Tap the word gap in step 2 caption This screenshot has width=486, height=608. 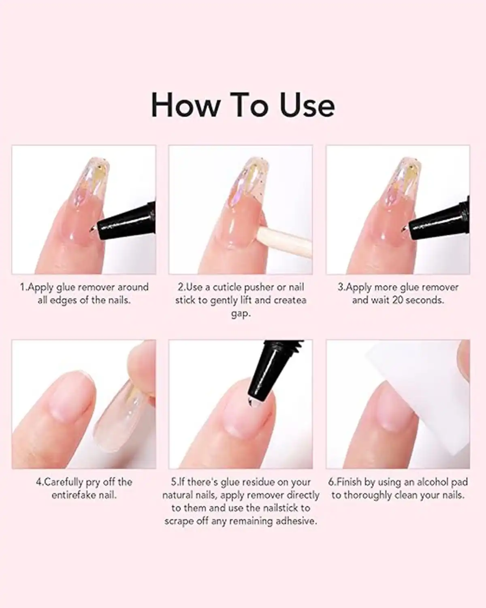point(240,313)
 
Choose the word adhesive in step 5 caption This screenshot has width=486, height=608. point(295,521)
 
